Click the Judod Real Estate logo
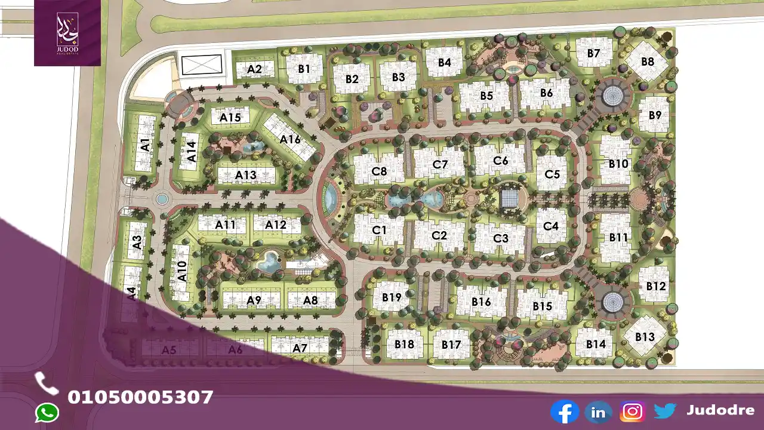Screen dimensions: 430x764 67,32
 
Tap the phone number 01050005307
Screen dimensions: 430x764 140,397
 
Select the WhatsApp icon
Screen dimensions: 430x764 47,413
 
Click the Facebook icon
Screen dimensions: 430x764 564,411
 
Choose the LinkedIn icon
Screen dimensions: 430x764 598,411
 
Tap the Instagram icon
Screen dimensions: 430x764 631,411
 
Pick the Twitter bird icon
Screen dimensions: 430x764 665,411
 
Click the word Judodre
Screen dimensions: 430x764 720,410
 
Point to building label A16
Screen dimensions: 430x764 290,139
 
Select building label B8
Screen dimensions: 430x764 648,62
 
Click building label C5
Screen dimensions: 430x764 552,174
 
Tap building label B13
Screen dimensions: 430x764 645,337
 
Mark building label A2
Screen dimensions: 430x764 254,69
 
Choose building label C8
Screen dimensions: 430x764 379,171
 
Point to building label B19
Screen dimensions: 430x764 392,297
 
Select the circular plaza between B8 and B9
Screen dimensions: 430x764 612,94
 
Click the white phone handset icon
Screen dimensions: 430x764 46,383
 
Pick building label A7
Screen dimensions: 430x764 300,348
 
